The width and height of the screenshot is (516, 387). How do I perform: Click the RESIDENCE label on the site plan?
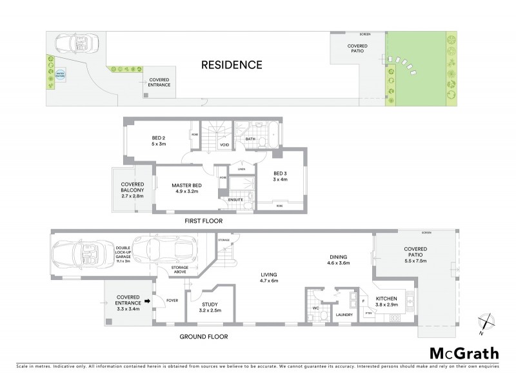[x=232, y=64]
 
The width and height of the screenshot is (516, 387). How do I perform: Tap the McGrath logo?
[x=464, y=353]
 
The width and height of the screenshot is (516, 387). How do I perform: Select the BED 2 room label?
[x=159, y=141]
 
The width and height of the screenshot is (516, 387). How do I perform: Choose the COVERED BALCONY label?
[x=132, y=191]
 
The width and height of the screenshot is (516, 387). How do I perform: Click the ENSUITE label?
[x=235, y=200]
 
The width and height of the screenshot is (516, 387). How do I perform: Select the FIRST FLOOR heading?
[x=204, y=221]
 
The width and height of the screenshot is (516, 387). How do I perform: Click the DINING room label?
[x=339, y=259]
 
